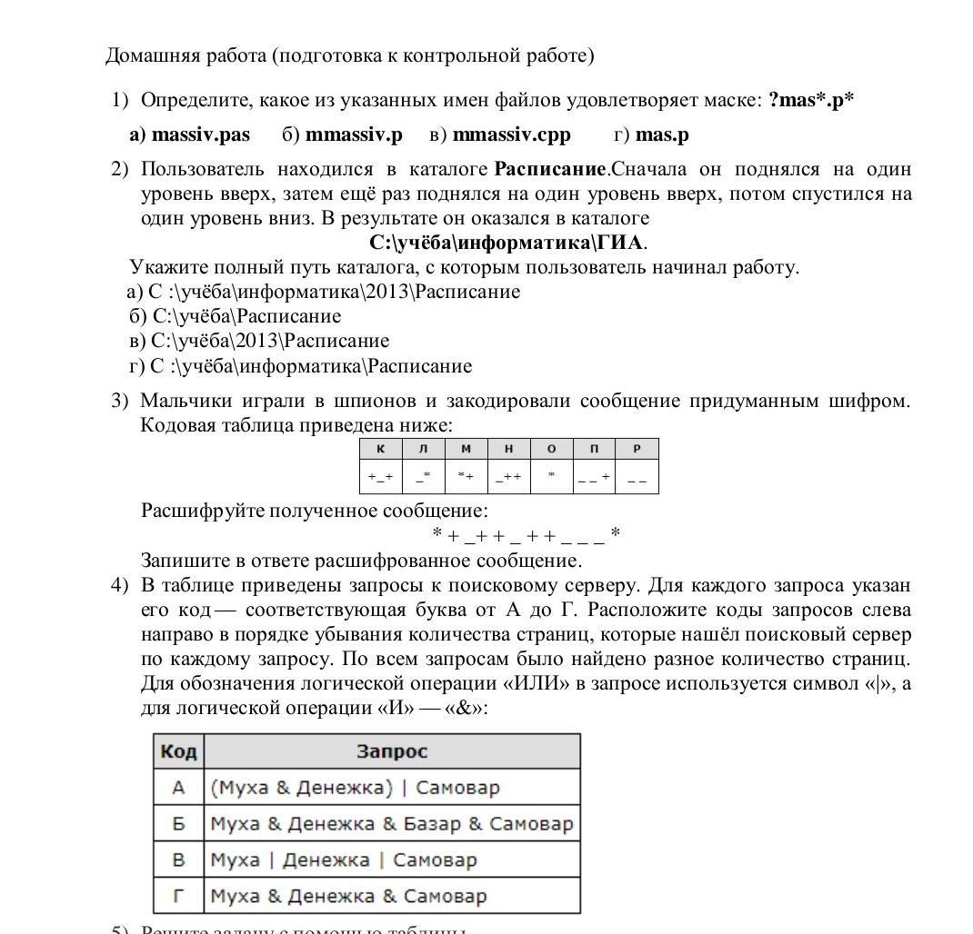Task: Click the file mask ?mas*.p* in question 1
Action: [811, 100]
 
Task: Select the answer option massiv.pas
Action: [200, 134]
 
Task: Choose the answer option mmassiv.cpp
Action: [511, 134]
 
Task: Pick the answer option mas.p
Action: [662, 134]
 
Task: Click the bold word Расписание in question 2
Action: [550, 169]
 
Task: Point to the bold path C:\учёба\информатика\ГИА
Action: [507, 243]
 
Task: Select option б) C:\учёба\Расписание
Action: [236, 316]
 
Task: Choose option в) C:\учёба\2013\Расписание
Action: [259, 341]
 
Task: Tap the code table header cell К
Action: [381, 449]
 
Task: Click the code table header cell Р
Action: [637, 449]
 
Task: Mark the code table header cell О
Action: [551, 449]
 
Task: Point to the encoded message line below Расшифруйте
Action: [526, 535]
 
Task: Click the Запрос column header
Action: [391, 751]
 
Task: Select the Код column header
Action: [178, 751]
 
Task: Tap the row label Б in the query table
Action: [178, 824]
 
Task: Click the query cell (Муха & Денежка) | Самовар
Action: [355, 788]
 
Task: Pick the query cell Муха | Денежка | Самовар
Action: [343, 859]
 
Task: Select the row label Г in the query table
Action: [178, 896]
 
